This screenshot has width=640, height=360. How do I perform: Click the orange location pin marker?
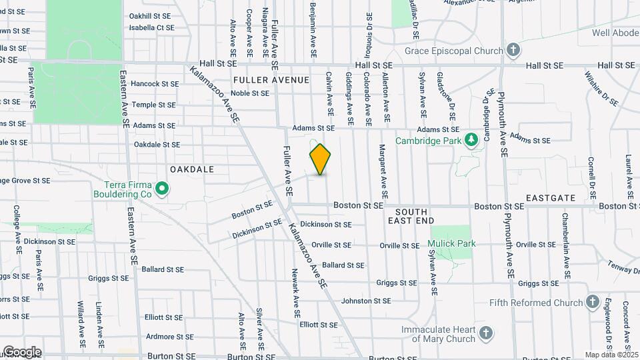321,159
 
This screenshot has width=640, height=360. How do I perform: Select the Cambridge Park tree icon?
472,139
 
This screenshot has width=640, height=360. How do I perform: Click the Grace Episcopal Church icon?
513,50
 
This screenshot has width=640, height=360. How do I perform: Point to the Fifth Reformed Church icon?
592,303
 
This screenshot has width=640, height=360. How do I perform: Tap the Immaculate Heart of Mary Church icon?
486,333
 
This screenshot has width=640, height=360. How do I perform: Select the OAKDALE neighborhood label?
192,169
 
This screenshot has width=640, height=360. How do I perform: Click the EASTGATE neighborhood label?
550,198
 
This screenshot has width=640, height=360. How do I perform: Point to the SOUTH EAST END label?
410,215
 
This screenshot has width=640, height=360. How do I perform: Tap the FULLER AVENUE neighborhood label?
271,80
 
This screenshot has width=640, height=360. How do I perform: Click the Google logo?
22,352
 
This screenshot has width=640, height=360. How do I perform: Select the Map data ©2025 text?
611,355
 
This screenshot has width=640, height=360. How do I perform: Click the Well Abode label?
615,32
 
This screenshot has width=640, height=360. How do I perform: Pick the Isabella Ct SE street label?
151,28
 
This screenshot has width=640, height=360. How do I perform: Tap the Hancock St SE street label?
155,84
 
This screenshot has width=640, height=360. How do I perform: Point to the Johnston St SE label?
365,301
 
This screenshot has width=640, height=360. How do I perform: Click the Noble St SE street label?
250,93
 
